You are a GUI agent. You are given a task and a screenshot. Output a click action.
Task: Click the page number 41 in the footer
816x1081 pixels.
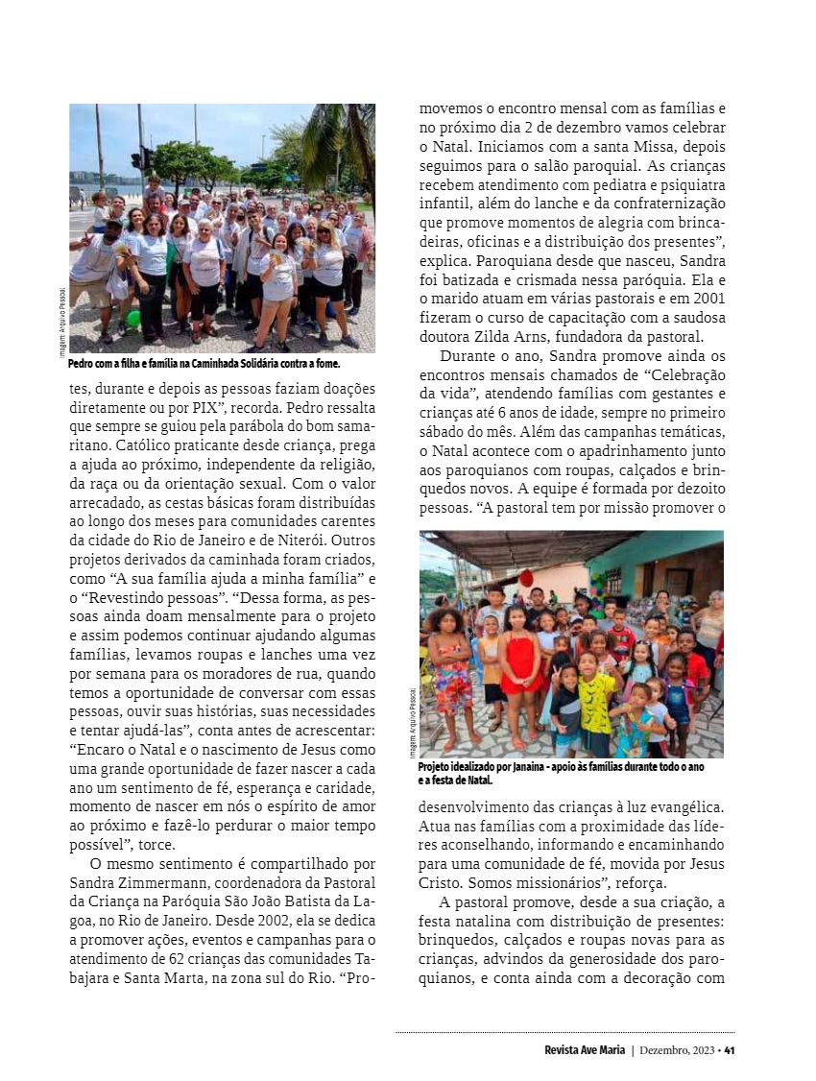tap(730, 1048)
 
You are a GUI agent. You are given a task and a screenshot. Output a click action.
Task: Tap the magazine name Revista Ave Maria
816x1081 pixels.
tap(585, 1048)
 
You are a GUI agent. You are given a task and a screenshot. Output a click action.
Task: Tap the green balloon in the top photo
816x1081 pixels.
tap(133, 318)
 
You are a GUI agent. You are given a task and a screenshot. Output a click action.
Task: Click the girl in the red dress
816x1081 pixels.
tap(520, 673)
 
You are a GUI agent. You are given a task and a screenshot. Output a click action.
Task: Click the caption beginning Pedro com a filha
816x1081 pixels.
tap(204, 365)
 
